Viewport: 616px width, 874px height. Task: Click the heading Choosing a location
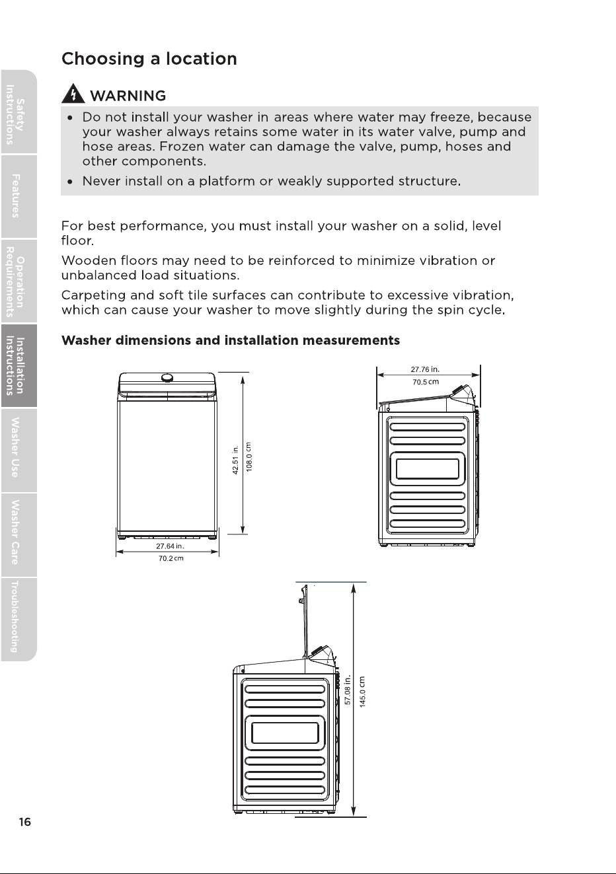point(149,59)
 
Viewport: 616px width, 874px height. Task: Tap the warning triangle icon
point(73,94)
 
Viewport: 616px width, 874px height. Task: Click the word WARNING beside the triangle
point(128,96)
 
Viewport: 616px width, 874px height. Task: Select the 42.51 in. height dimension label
point(235,460)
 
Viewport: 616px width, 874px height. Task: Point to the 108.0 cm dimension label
point(249,457)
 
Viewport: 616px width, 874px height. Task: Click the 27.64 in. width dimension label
point(170,546)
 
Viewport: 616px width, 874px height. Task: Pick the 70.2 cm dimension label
point(171,558)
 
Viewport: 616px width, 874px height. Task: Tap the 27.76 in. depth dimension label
point(425,369)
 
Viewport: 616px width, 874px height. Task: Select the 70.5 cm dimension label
point(426,382)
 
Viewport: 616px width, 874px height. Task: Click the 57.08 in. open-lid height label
point(348,690)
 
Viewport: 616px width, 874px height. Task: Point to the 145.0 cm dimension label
point(362,692)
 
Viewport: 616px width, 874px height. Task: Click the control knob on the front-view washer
point(167,378)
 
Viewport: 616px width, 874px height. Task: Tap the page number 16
point(24,822)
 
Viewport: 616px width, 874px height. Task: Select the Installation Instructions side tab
point(19,365)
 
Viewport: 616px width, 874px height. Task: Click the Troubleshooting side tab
point(19,619)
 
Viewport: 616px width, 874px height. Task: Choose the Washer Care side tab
point(19,534)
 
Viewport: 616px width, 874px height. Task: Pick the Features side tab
point(19,196)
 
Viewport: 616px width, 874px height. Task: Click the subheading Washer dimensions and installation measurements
point(230,340)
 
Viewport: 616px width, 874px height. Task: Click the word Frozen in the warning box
point(182,147)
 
